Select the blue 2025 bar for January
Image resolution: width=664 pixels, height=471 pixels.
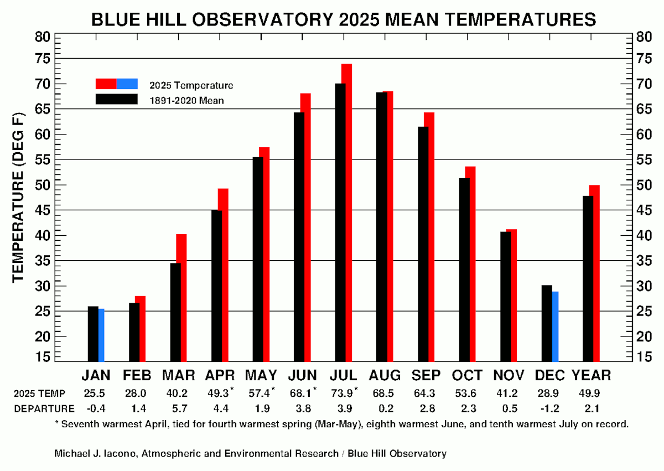(102, 335)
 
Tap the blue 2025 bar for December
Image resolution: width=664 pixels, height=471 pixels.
(555, 327)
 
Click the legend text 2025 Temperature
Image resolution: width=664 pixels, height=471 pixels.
(191, 85)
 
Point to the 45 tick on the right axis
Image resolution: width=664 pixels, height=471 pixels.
(643, 210)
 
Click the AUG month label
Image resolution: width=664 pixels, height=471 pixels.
(386, 375)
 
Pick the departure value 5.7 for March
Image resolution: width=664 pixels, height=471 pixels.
(178, 409)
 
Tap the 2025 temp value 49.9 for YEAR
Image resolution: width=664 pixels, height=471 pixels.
(591, 394)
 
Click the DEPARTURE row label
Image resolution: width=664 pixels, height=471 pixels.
(44, 409)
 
